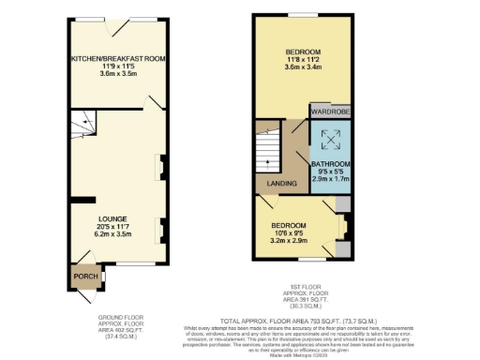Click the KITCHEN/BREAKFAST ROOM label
coord(118,58)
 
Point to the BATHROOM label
coord(331,164)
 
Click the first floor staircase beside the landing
coord(269,150)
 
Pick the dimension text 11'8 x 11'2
coord(304,58)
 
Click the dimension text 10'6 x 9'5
coord(289,232)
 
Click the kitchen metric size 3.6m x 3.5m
coord(118,73)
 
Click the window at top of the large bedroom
coord(304,17)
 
